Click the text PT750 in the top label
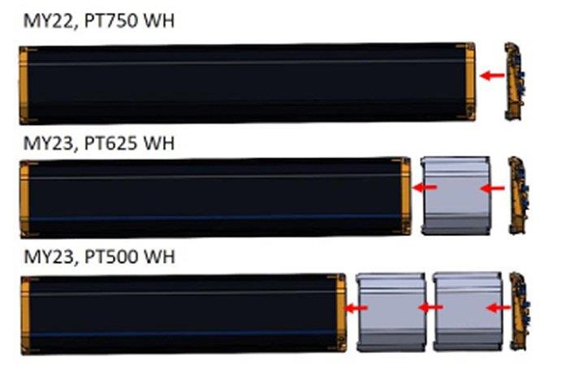pos(110,21)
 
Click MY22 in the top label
pos(50,21)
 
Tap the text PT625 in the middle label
pos(110,144)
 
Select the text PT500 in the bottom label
pos(110,257)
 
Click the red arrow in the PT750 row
pos(492,75)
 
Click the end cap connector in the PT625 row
pos(518,196)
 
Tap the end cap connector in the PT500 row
pos(520,312)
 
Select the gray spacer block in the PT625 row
pos(456,196)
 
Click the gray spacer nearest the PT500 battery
pos(391,312)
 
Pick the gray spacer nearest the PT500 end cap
pos(468,312)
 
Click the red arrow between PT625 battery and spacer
pos(425,187)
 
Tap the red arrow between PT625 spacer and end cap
pos(492,188)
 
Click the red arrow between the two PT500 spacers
pos(431,308)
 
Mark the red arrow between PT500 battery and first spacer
pos(356,308)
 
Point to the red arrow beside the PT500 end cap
pos(499,308)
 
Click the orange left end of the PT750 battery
pos(24,85)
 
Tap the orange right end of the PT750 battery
pos(470,82)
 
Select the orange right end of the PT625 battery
pos(405,196)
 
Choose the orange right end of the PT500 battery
pos(341,312)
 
